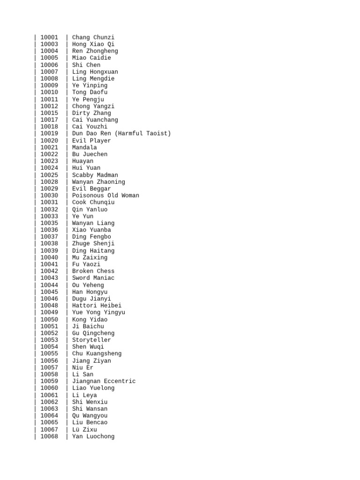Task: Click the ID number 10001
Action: pos(49,37)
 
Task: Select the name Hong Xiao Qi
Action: pos(93,45)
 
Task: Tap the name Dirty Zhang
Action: pos(91,113)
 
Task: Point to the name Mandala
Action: pos(84,148)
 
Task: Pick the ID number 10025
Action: pos(49,175)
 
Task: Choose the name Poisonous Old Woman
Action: pos(105,195)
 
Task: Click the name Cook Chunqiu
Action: pos(93,202)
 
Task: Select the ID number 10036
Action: pos(49,230)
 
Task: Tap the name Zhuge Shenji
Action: pos(93,244)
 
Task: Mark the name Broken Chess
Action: pos(93,271)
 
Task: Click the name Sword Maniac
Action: pos(93,278)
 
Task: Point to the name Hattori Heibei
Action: pos(97,306)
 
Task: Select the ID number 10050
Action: pos(49,320)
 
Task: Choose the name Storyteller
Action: pos(91,340)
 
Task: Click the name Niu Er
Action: pos(82,368)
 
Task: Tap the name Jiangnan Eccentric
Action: pos(104,382)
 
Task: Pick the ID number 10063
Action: pos(49,409)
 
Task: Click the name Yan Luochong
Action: pos(93,436)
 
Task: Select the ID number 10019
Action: pos(49,134)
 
